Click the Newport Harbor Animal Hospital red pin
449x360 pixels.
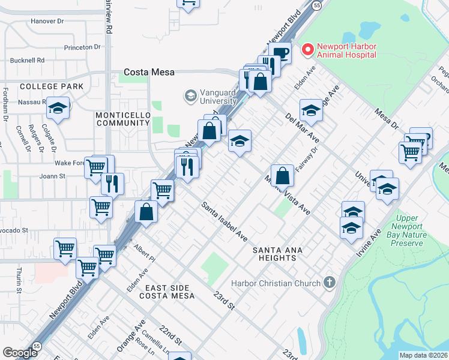point(308,49)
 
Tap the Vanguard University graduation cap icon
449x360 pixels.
point(190,95)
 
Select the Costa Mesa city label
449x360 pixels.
point(149,72)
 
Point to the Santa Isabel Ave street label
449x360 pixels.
point(224,221)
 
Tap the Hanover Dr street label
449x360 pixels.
point(47,21)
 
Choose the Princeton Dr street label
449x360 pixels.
point(81,47)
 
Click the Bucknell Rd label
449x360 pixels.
point(28,61)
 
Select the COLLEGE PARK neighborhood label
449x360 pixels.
point(52,86)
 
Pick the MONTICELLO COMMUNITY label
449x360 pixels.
point(122,118)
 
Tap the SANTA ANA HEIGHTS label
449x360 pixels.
point(274,253)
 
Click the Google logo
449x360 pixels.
point(20,353)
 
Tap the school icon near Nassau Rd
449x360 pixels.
point(58,108)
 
